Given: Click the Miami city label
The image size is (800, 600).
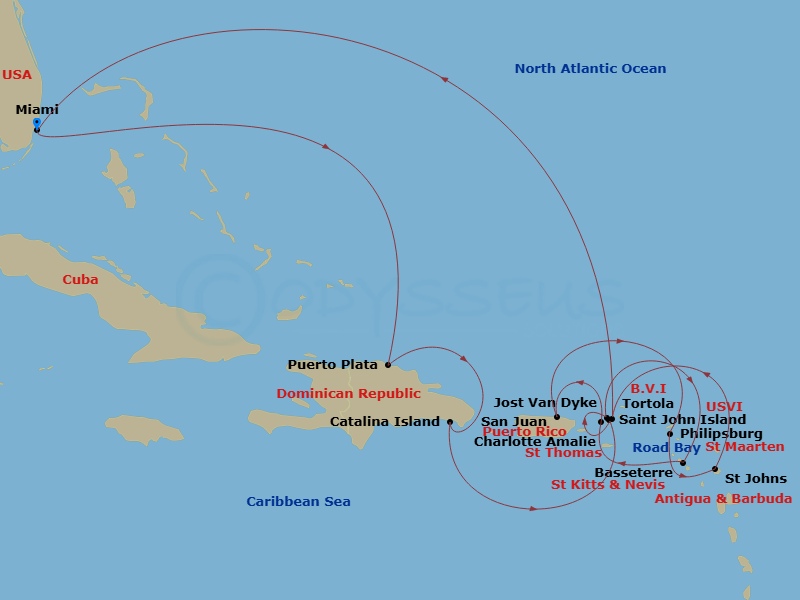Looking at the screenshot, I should (37, 110).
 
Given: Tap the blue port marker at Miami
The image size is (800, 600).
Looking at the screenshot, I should (37, 124).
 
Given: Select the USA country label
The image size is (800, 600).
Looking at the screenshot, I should (16, 75).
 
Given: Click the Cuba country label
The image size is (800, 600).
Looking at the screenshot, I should (80, 280).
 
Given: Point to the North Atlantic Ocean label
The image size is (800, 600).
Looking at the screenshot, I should (590, 69).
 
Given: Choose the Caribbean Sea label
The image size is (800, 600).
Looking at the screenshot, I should (299, 502).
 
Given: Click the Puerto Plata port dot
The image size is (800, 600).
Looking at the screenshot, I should (388, 365).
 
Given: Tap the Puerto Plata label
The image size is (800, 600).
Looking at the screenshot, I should (333, 365).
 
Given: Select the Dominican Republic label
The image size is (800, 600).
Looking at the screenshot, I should (349, 394).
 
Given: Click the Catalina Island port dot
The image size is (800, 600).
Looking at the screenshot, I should (450, 422).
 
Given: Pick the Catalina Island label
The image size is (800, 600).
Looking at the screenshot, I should (385, 422).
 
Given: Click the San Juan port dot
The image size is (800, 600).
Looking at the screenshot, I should (557, 417).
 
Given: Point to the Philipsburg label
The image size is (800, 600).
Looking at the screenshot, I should (721, 434).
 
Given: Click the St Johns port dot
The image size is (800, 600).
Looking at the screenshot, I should (715, 469).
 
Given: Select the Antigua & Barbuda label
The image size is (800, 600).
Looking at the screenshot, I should (723, 498).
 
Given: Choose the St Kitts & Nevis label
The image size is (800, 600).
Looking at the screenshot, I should (608, 485).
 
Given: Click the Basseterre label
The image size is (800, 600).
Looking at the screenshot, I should (633, 472).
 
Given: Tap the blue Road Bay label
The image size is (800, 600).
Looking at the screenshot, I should (666, 448).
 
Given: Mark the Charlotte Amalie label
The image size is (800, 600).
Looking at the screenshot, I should (535, 441).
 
